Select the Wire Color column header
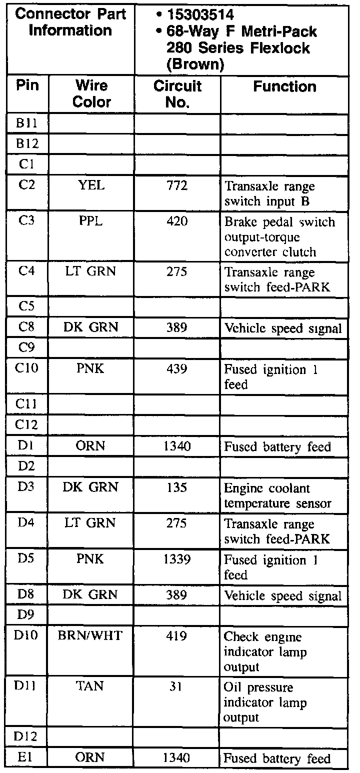tap(92, 93)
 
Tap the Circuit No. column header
tap(177, 93)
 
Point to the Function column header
tap(284, 87)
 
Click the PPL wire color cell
tap(92, 221)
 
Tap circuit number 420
tap(177, 221)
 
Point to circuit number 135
tap(177, 487)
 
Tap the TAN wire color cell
tap(92, 686)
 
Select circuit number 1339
tap(177, 559)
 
